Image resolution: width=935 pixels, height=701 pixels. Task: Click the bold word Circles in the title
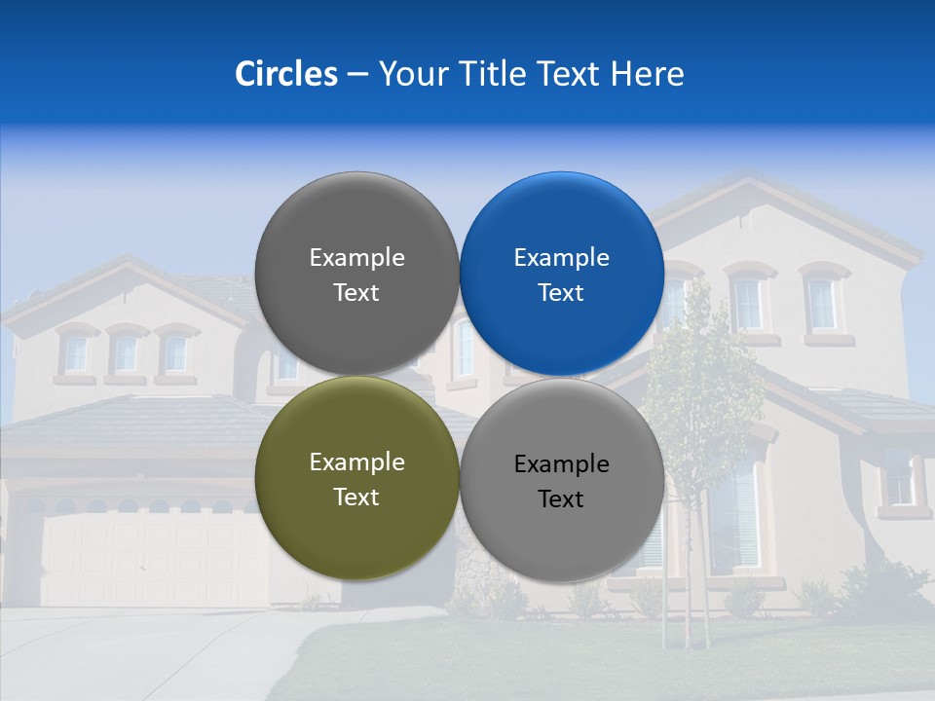point(285,74)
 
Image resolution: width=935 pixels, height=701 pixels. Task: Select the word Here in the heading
point(647,74)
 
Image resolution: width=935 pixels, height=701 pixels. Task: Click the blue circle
point(562,274)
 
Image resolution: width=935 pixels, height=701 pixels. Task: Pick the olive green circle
point(356,478)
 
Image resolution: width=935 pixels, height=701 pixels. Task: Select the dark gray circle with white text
point(356,274)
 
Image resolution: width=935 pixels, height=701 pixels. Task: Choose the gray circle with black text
point(562,480)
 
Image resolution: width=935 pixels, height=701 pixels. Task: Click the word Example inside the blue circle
point(561,258)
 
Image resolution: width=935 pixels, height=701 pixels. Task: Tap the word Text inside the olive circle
point(356,497)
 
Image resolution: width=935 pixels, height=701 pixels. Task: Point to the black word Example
point(561,464)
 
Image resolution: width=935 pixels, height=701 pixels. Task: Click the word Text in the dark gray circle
point(356,292)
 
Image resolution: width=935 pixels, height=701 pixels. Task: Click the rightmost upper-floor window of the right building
point(821,304)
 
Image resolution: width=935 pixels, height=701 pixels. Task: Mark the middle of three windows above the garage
point(127,353)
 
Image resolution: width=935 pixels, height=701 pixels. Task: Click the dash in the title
point(357,74)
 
